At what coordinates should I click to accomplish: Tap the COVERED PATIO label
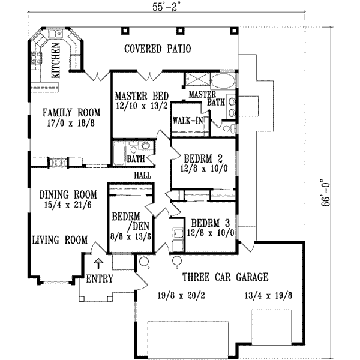click(x=157, y=49)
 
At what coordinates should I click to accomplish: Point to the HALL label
click(x=142, y=175)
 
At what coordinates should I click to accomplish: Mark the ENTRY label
click(x=98, y=279)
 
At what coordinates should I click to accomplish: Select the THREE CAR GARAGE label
click(x=225, y=277)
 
